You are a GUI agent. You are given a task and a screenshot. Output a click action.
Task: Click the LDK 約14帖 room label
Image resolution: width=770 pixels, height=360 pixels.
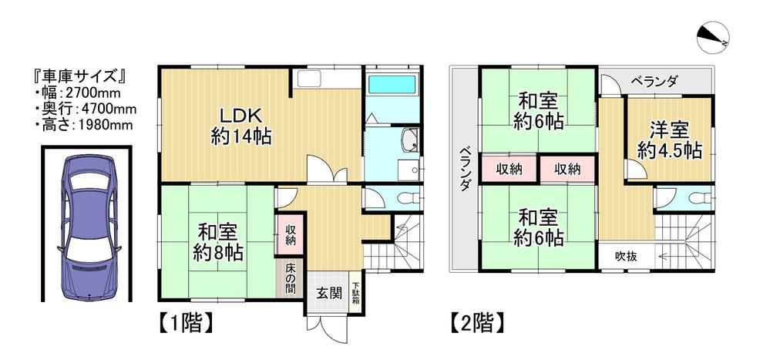(241, 126)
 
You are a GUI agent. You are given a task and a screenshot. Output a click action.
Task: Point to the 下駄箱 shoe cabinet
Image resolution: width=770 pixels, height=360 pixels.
(356, 293)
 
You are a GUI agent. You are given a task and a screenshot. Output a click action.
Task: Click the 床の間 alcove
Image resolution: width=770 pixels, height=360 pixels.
(291, 278)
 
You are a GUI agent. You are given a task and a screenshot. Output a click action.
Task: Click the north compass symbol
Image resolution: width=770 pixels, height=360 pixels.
(711, 36)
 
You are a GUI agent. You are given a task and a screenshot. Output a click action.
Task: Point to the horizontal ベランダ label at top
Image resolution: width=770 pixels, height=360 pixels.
(654, 80)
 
